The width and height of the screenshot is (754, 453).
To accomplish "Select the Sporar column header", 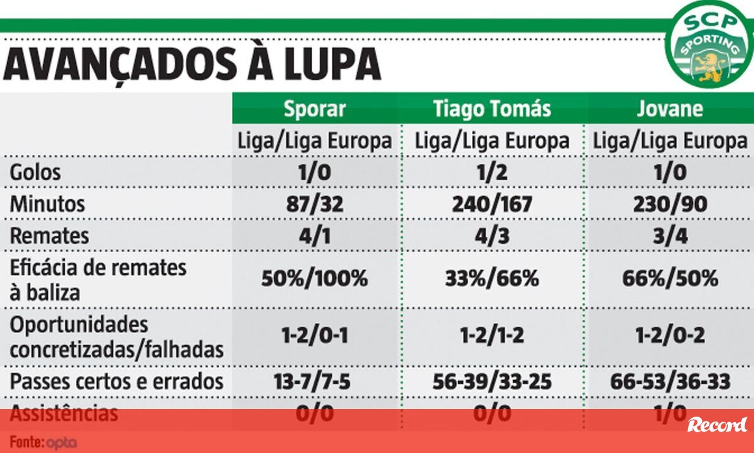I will click(314, 109).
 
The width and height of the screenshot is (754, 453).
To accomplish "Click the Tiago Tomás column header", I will click(492, 109).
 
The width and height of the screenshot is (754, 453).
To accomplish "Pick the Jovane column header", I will click(669, 109).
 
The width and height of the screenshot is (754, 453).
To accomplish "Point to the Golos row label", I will click(35, 173).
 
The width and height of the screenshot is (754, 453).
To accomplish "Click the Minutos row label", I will click(47, 204).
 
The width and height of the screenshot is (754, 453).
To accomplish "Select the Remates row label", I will click(50, 236).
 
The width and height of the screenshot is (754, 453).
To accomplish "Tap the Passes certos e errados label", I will click(117, 381).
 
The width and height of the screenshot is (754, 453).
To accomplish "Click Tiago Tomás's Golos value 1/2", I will click(492, 173).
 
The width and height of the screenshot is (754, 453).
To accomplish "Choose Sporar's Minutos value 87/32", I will click(314, 204).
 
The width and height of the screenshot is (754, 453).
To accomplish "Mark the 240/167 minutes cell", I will click(492, 204).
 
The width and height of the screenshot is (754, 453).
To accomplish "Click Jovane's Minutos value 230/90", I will click(669, 204).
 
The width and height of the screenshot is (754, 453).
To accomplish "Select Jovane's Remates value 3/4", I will click(669, 236).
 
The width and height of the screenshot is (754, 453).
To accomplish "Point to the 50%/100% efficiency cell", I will click(314, 278).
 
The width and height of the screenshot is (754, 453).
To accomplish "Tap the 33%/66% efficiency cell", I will click(492, 278).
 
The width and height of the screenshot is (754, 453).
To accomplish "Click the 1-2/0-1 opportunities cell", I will click(314, 336).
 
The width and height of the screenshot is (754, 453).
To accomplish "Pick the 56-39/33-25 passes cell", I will click(492, 381).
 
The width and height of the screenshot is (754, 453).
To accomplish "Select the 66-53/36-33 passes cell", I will click(669, 381).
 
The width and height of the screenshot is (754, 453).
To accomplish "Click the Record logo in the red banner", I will click(717, 425).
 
